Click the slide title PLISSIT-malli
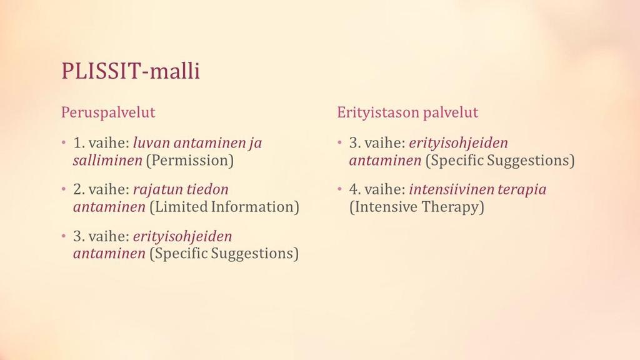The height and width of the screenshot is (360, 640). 131,71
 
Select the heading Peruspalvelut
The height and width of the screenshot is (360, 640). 108,112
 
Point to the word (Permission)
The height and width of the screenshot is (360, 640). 190,161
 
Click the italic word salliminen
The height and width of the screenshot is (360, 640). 107,160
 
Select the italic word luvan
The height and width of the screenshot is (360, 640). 151,143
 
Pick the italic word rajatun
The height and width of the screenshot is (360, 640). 157,190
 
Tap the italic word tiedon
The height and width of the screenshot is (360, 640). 207,189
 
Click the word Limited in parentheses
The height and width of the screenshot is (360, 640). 178,207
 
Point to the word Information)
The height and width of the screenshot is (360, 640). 255,207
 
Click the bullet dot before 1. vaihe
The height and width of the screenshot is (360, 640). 64,143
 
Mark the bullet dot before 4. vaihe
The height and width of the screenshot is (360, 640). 339,189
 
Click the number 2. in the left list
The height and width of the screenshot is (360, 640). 79,190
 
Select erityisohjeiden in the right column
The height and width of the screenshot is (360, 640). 458,144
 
